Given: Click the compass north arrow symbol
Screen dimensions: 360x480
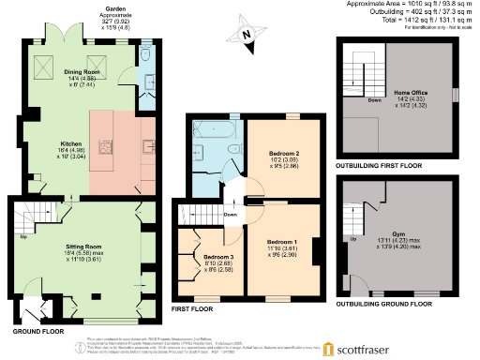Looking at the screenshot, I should click(x=247, y=35).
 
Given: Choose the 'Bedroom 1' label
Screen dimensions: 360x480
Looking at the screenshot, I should click(x=283, y=243).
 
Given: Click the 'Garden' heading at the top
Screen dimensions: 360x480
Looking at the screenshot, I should click(x=89, y=8).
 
